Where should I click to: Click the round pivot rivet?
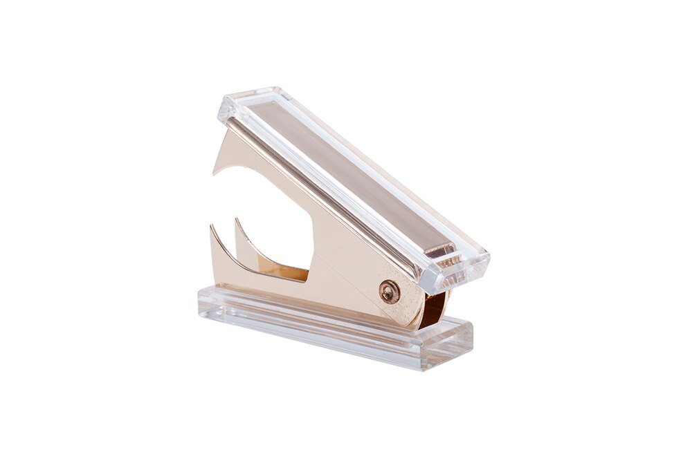point(390,292)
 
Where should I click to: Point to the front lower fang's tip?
point(210,227)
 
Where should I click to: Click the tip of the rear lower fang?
point(237,220)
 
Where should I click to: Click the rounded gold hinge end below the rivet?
point(408,314)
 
